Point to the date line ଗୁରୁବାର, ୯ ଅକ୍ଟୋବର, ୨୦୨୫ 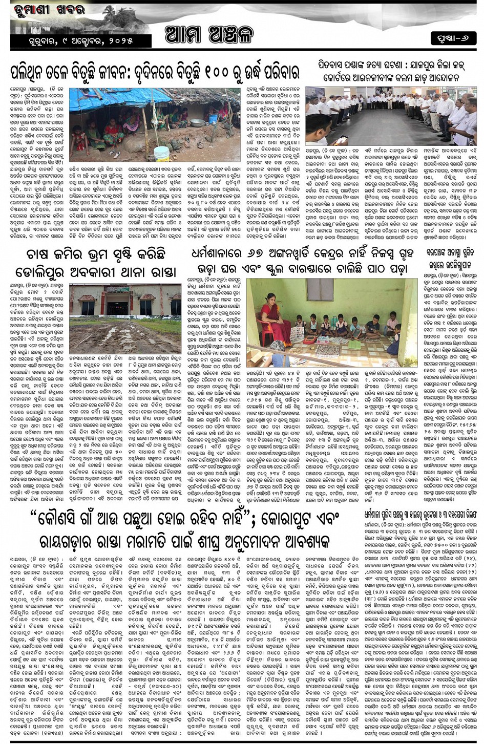(78, 40)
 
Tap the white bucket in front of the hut (161, 153)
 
